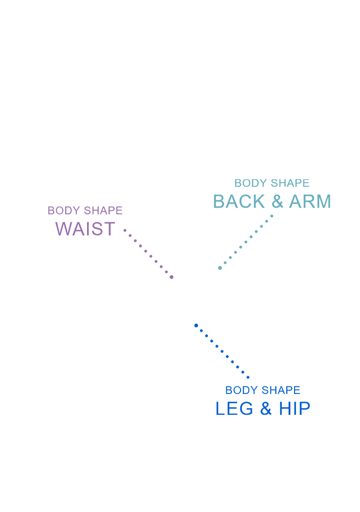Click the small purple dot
(x=172, y=277)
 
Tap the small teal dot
(x=220, y=268)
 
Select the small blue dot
(x=196, y=325)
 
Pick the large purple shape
(x=78, y=275)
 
